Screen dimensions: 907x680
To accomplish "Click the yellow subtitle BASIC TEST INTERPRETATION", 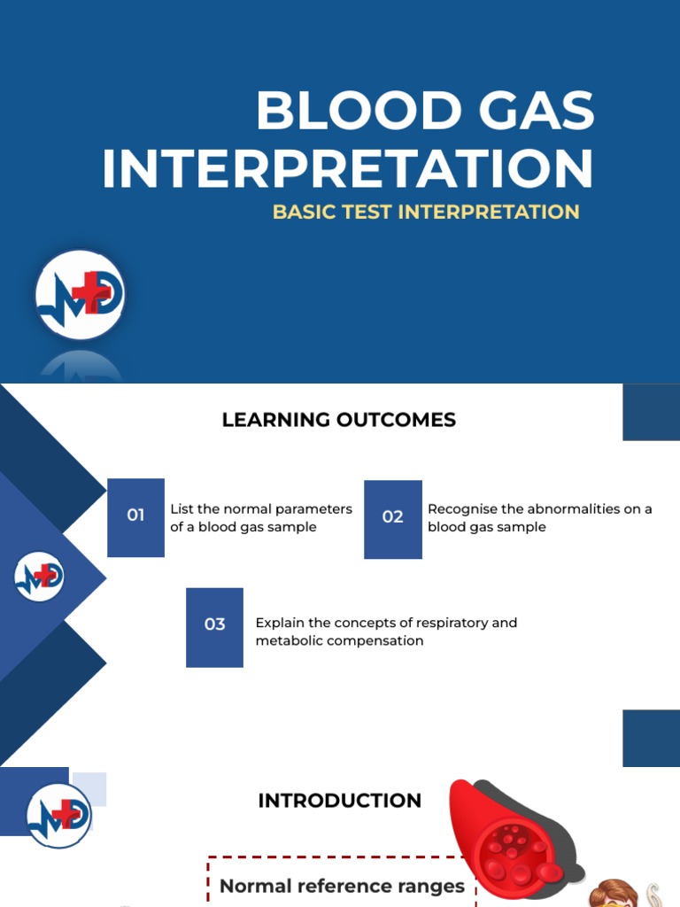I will point(426,213).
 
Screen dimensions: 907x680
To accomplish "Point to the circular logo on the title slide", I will point(81,296).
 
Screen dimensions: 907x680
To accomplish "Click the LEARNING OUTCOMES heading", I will point(339,420).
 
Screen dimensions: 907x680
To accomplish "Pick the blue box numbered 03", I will point(214,626).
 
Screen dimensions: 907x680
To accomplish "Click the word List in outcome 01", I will point(182,509).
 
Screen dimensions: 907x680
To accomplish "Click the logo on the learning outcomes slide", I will point(39,578).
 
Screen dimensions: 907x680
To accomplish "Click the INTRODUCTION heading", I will point(339,801).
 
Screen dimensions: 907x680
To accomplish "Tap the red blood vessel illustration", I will point(509,837).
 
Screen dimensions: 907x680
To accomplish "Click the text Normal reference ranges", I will point(342,886).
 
